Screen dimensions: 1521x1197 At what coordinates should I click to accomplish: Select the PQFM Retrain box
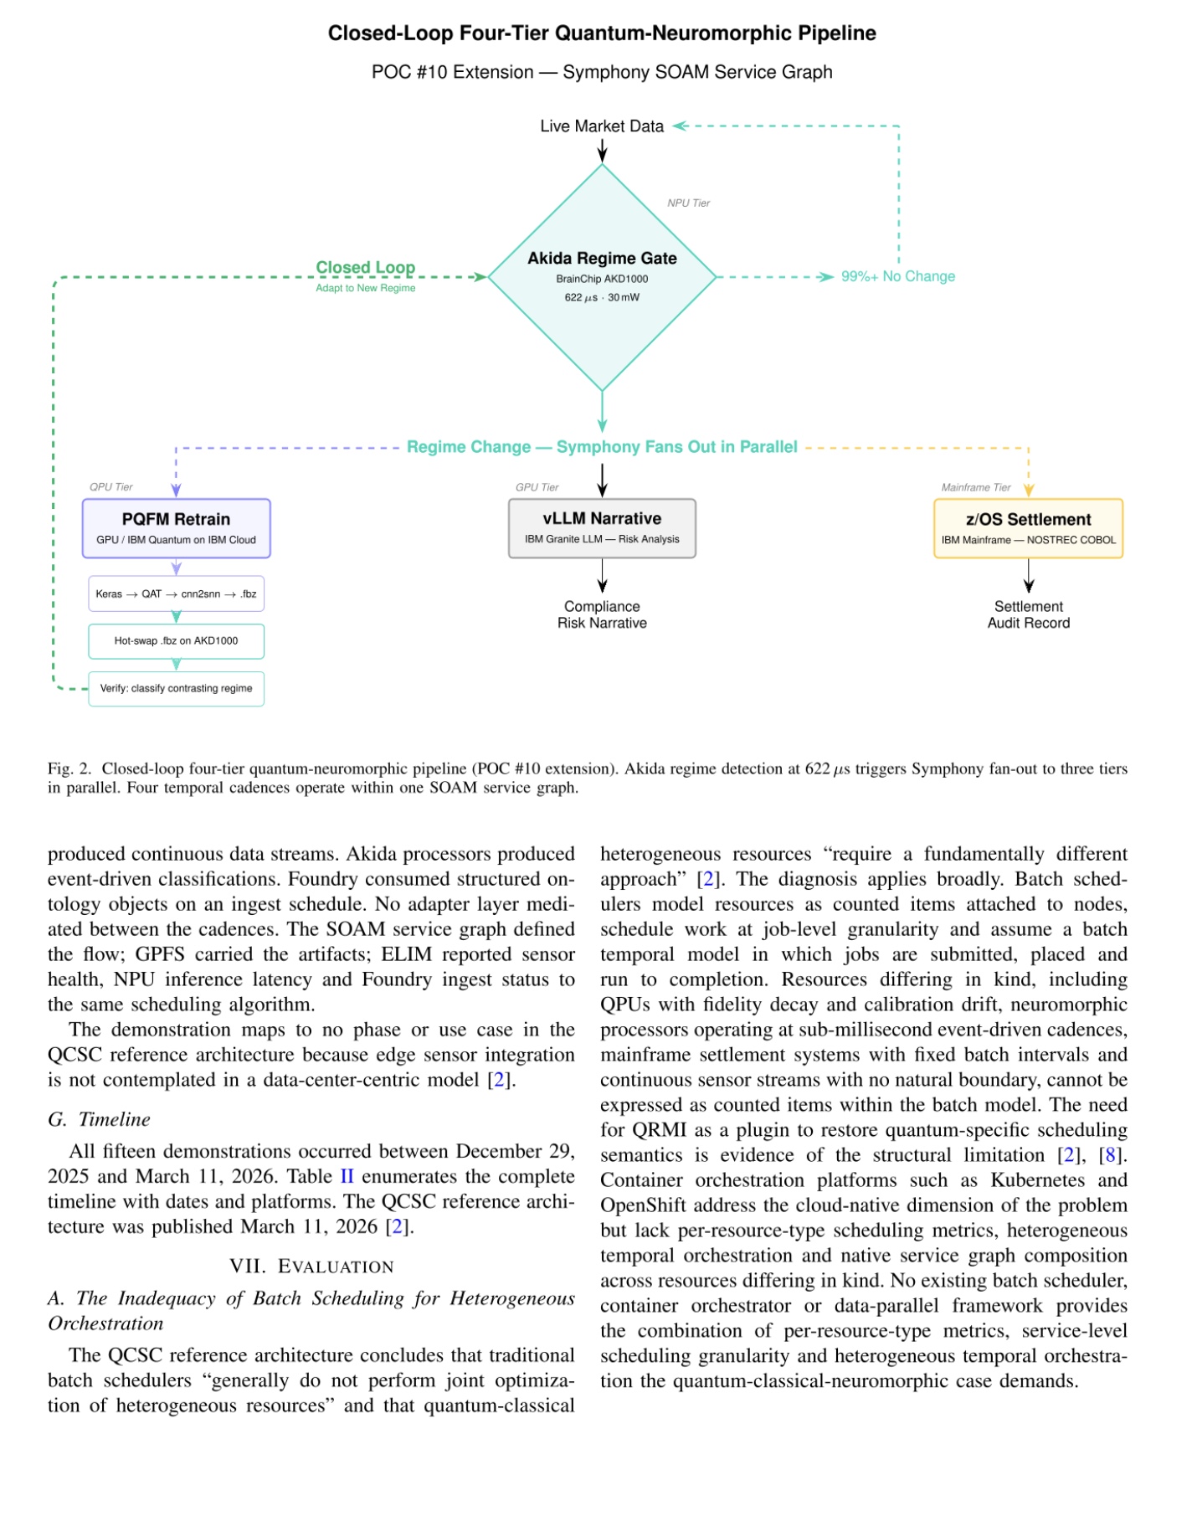(x=176, y=528)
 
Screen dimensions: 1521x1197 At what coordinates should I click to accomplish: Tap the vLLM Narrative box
(x=602, y=528)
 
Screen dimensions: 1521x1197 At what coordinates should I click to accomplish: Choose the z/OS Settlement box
(x=1028, y=528)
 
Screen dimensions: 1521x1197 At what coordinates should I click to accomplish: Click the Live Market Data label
(x=601, y=126)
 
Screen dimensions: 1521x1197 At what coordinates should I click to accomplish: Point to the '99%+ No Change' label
(x=897, y=276)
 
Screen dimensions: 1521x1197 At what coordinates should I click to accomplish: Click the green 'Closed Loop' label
(x=365, y=267)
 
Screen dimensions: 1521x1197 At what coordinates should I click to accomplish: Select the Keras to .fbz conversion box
(x=176, y=593)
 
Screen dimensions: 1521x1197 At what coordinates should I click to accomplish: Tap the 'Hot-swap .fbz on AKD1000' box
(x=176, y=641)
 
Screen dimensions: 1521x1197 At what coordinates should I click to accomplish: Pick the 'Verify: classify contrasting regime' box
(x=176, y=689)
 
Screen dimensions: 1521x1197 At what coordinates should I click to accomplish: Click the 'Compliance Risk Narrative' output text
(x=602, y=614)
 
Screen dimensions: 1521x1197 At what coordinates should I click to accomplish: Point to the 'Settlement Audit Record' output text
(x=1028, y=614)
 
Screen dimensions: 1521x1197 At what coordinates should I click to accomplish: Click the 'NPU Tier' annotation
(x=688, y=203)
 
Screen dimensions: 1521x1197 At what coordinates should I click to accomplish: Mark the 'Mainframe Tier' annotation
(x=975, y=487)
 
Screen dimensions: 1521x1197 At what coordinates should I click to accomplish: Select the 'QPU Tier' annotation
(x=110, y=487)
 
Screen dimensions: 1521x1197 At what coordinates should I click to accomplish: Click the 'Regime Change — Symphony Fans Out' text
(x=602, y=447)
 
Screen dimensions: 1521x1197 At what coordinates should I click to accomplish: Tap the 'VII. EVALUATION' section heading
(x=311, y=1267)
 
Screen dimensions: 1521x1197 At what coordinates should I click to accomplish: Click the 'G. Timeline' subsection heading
(x=99, y=1120)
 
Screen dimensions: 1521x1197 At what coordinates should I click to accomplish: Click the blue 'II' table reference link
(x=347, y=1176)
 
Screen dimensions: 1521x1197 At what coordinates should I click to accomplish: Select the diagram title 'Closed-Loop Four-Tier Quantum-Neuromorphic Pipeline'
(x=602, y=33)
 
